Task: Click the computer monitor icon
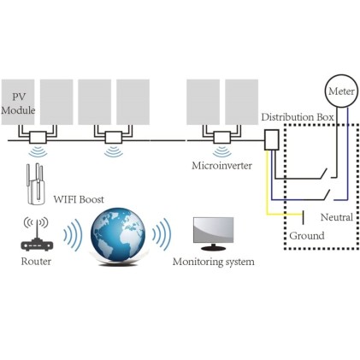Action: [x=214, y=232]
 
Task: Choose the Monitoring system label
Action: [x=213, y=260]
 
